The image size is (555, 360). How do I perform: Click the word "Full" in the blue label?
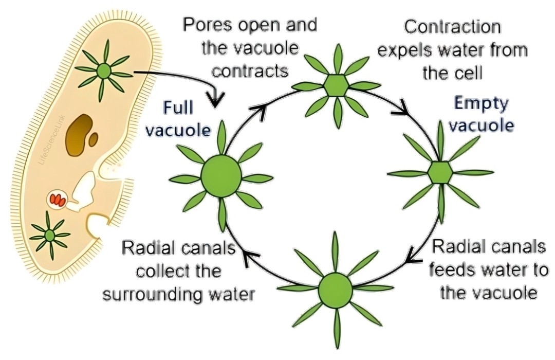178,108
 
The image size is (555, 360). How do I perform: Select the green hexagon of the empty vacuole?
440,172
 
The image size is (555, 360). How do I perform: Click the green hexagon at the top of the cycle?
337,85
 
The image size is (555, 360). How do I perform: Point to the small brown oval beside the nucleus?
92,138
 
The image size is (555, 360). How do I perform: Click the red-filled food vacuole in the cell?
57,199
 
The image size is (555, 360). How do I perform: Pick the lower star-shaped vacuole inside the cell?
50,235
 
